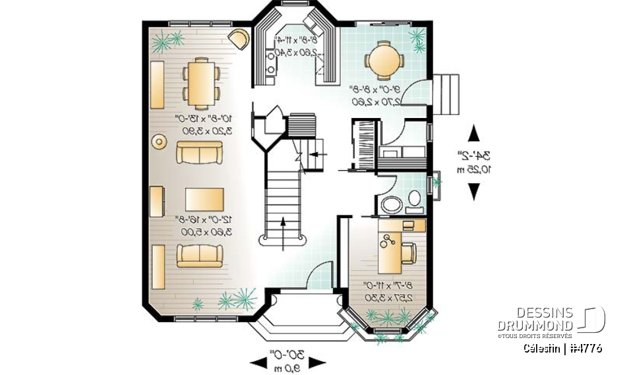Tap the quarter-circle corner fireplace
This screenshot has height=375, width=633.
239,38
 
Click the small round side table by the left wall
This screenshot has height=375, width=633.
159,141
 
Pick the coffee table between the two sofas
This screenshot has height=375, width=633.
204,198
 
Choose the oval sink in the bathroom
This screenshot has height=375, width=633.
391,204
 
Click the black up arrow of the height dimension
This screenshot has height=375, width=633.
473,134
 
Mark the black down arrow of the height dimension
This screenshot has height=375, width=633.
473,192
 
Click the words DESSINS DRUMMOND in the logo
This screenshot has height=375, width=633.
535,320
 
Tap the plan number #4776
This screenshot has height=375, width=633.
583,348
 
